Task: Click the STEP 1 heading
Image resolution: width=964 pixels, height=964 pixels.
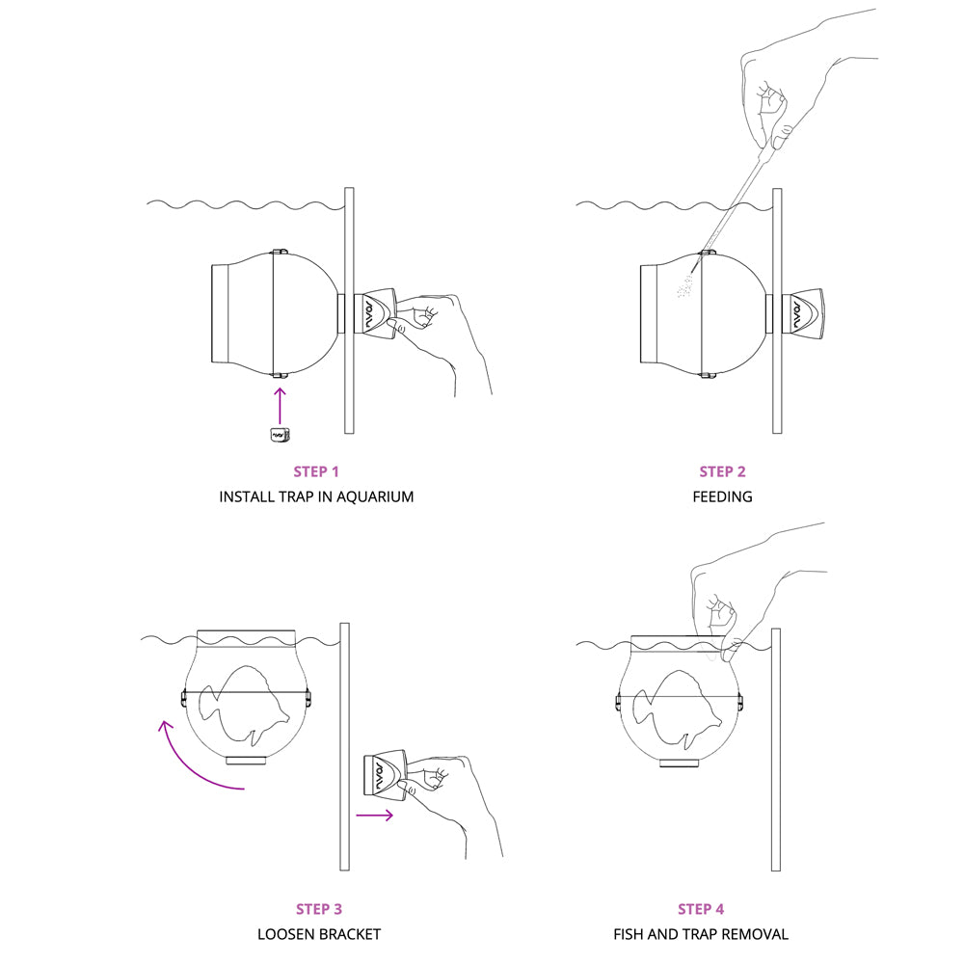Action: [x=316, y=471]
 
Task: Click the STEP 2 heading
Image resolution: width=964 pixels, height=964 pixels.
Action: [x=722, y=471]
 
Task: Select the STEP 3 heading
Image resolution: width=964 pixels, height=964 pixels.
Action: [x=319, y=908]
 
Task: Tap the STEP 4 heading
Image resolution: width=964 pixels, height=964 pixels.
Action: [x=701, y=908]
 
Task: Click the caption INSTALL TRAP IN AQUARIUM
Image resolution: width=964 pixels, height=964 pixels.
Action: [x=316, y=497]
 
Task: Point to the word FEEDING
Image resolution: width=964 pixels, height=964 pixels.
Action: [x=722, y=497]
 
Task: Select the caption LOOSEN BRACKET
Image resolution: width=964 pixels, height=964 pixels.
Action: [x=319, y=934]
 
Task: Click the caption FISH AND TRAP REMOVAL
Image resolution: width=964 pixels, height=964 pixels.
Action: [x=701, y=934]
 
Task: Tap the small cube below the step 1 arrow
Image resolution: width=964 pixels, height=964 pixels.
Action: [x=281, y=435]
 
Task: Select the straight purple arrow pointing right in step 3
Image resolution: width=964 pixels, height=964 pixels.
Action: [x=374, y=816]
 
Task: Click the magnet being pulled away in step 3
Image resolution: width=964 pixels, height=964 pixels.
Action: [x=383, y=778]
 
